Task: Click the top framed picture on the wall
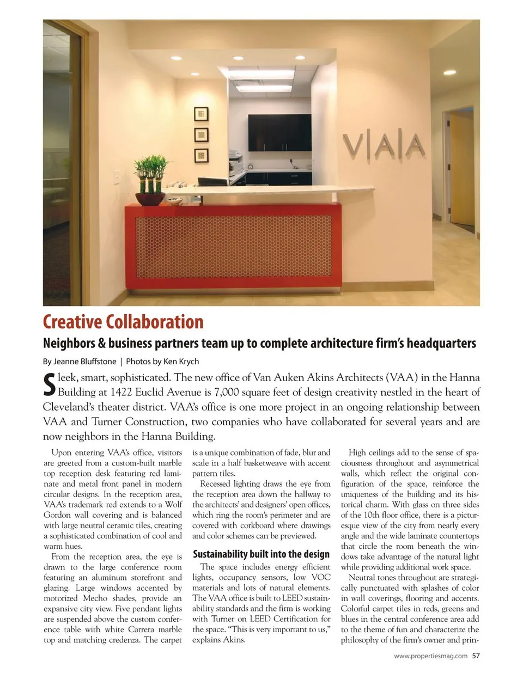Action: coord(202,114)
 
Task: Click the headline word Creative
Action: coord(72,322)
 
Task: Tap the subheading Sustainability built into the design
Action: coord(261,554)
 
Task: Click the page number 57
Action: coord(476,656)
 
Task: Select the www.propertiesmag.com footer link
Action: coord(430,656)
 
